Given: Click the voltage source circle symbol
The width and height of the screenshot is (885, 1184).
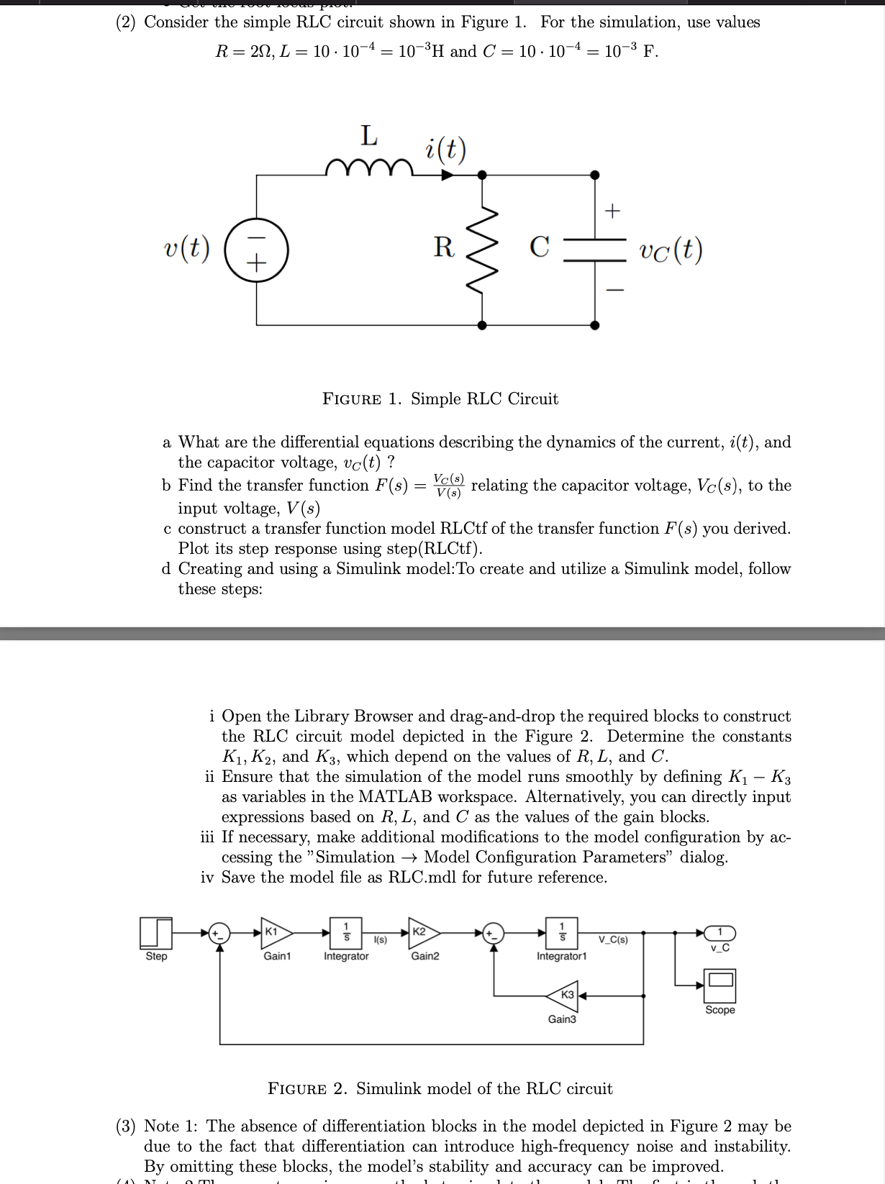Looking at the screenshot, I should click(x=257, y=250).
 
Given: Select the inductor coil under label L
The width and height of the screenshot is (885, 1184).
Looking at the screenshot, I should click(x=369, y=168).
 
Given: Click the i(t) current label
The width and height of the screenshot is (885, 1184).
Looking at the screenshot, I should click(x=445, y=149).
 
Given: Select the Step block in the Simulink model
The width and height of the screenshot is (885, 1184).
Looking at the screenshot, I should click(x=156, y=932).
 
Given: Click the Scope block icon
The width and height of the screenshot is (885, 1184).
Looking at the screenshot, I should click(x=720, y=985).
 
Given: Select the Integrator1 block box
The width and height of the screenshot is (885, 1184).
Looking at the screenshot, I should click(x=562, y=933).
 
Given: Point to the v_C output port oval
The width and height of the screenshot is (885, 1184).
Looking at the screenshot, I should click(x=720, y=932).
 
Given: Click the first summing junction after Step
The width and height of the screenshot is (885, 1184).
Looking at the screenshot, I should click(x=219, y=933).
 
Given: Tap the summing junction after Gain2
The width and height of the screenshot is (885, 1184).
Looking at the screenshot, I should click(x=494, y=933).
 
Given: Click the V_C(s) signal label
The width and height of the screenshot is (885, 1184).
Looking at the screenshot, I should click(x=613, y=939).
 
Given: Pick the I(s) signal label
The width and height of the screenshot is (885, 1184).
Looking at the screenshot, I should click(x=381, y=939).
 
